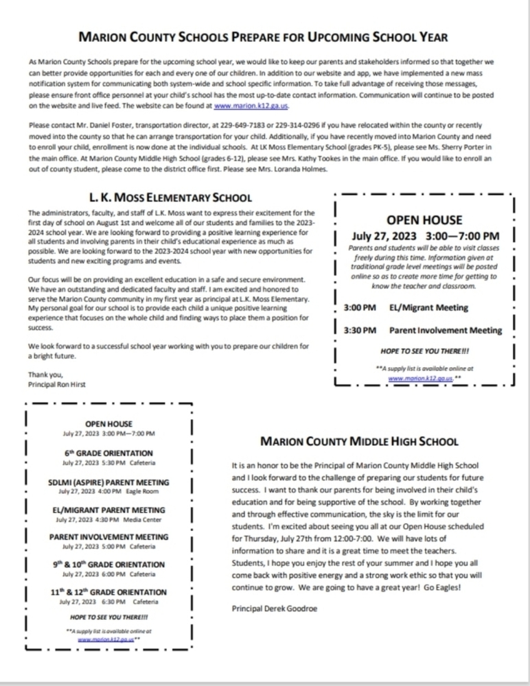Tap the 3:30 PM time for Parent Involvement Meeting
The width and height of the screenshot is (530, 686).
coord(360,330)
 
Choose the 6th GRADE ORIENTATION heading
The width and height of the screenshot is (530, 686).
coord(108,453)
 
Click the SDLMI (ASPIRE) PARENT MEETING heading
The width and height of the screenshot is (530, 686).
coord(108,482)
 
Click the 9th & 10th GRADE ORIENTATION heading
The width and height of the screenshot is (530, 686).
coord(108,565)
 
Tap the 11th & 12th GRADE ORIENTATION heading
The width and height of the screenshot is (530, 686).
coord(108,592)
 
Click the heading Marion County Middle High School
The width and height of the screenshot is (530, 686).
coord(359,442)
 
